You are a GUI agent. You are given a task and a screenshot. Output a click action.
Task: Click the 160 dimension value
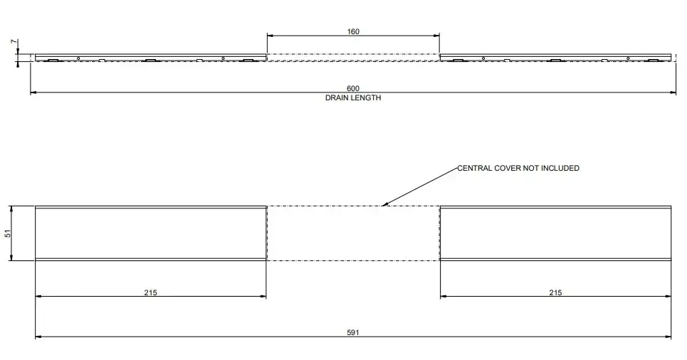pos(353,31)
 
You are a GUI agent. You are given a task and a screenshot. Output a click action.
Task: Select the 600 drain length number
pos(353,88)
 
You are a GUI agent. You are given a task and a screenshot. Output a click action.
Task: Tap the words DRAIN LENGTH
pos(353,97)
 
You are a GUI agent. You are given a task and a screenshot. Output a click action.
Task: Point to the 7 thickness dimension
pos(14,41)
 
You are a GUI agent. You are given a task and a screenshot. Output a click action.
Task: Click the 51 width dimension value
pos(7,233)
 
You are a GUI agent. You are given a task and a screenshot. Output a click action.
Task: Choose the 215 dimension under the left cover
pos(150,292)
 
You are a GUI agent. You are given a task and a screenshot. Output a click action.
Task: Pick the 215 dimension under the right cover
pos(555,292)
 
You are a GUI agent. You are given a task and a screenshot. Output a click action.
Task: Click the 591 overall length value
pos(353,332)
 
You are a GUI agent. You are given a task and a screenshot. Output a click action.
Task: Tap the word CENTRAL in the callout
pos(475,168)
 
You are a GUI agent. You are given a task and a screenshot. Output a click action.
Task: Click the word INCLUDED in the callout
pos(560,168)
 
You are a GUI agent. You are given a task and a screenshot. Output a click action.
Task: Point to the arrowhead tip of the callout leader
pos(382,206)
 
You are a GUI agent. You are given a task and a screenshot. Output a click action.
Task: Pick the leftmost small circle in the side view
pos(78,58)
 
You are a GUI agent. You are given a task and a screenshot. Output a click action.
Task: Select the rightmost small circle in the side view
pos(628,58)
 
